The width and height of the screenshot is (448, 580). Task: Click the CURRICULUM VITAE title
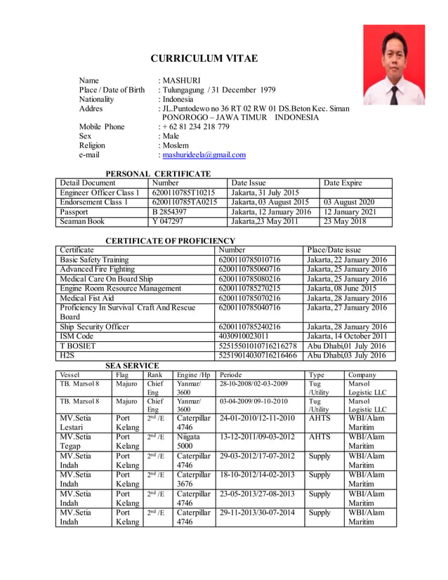point(204,58)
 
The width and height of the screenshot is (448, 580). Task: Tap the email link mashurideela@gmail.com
point(203,155)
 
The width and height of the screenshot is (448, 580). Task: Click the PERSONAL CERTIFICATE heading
point(157,173)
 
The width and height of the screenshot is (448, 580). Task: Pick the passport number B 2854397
point(169,211)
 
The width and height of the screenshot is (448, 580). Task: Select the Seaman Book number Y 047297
point(167,221)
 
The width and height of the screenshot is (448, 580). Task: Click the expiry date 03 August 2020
point(349,202)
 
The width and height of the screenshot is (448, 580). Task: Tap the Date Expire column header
point(343,183)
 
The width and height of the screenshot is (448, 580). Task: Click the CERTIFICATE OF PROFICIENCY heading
point(170,241)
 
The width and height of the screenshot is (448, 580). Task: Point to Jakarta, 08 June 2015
point(341,289)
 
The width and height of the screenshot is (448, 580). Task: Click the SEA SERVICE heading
point(132,366)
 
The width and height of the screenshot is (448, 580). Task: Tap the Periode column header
point(232,375)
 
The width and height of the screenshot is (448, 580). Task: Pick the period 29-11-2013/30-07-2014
point(257,513)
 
